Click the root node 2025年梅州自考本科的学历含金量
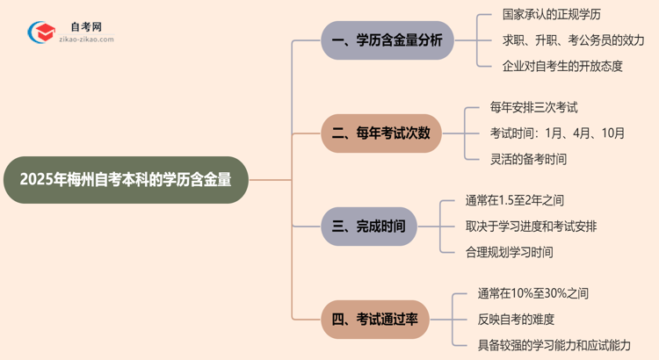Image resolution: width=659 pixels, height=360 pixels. [x=126, y=180]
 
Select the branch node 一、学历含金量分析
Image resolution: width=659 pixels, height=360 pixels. [x=387, y=40]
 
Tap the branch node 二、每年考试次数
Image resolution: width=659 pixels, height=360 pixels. [x=381, y=133]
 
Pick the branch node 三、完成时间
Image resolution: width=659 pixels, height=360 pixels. [x=368, y=226]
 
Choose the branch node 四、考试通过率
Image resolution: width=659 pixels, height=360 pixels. [x=380, y=319]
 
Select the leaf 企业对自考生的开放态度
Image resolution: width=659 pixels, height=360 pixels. [x=550, y=66]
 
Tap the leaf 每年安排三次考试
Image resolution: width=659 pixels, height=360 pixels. [x=533, y=107]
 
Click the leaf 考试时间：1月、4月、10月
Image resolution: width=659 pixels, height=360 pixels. [x=558, y=133]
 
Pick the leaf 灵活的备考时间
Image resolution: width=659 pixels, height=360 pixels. [x=528, y=159]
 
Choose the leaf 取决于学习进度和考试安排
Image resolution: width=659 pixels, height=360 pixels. [x=532, y=226]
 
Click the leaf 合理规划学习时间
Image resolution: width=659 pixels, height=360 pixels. [x=510, y=252]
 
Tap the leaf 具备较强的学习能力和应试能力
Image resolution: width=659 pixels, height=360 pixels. [x=554, y=345]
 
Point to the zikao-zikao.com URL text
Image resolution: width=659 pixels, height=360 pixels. [x=84, y=40]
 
